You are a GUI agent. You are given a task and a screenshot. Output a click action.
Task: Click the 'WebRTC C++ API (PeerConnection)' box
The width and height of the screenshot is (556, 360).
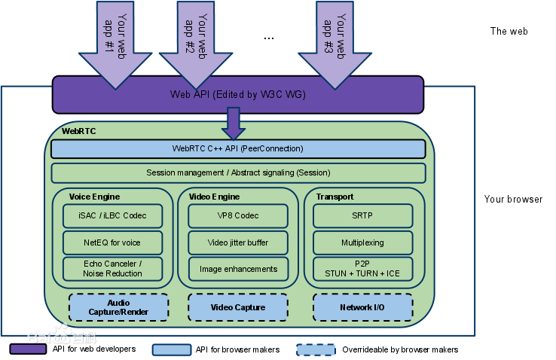click(x=238, y=149)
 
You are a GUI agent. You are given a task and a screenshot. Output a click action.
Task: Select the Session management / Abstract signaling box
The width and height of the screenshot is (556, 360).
click(x=238, y=172)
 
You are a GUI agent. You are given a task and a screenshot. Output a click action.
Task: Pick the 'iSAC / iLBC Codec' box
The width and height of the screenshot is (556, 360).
click(x=113, y=215)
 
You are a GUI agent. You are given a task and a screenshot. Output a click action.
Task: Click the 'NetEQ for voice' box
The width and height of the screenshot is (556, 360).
click(x=113, y=243)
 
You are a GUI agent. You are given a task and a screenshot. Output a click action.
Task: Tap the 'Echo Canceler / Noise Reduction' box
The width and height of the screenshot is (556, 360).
click(x=113, y=268)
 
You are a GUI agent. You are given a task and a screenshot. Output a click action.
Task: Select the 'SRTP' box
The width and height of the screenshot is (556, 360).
click(x=363, y=215)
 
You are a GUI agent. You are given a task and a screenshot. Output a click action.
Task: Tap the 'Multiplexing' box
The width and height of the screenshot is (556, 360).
click(x=363, y=243)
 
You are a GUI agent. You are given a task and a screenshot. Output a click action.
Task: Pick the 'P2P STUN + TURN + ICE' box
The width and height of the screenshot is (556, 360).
click(x=363, y=268)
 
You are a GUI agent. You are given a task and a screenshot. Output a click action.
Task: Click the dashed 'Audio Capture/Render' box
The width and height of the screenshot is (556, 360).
click(x=118, y=307)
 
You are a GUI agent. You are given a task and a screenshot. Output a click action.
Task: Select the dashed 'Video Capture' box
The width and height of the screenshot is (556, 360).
click(x=238, y=307)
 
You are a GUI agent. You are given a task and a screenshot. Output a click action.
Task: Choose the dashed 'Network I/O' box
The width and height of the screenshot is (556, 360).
click(x=363, y=307)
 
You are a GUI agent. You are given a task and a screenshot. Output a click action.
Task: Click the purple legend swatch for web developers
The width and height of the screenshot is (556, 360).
click(x=28, y=349)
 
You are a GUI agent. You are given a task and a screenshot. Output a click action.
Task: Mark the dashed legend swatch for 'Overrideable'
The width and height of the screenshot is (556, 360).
click(x=315, y=349)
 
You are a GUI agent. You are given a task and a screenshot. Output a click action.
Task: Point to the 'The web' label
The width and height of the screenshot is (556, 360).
click(x=509, y=32)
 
